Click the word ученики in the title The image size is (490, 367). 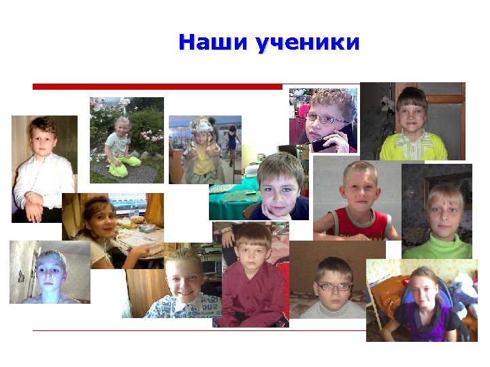pos(307,43)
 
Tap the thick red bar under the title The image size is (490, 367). pos(157,86)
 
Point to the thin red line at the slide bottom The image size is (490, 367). pos(197,330)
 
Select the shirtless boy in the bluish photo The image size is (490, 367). pos(51,275)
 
